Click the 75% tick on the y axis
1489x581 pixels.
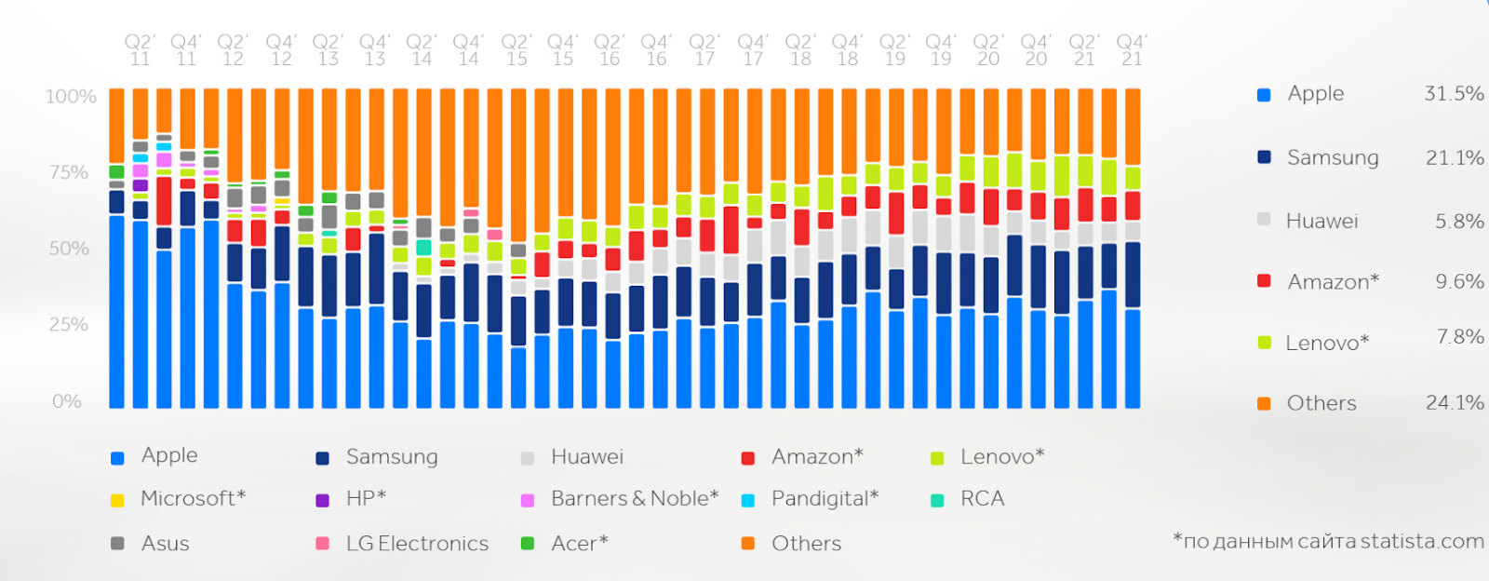point(70,172)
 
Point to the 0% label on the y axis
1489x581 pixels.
point(67,401)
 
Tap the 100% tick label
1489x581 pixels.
point(72,97)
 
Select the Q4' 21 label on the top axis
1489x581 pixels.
point(1132,50)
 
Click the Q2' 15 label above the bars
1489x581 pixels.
point(516,50)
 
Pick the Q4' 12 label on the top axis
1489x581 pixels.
point(280,50)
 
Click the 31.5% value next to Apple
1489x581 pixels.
point(1454,93)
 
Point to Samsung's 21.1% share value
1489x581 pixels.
point(1455,157)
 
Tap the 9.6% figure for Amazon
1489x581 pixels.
point(1459,281)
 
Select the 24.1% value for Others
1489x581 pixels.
point(1455,402)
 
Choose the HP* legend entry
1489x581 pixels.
point(366,498)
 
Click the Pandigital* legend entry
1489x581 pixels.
point(825,498)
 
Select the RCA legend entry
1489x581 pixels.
point(982,498)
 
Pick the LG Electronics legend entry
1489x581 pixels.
point(417,543)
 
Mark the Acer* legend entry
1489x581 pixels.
point(579,543)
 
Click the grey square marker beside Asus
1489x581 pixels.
point(117,543)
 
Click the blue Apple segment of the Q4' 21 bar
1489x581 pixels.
point(1133,358)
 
